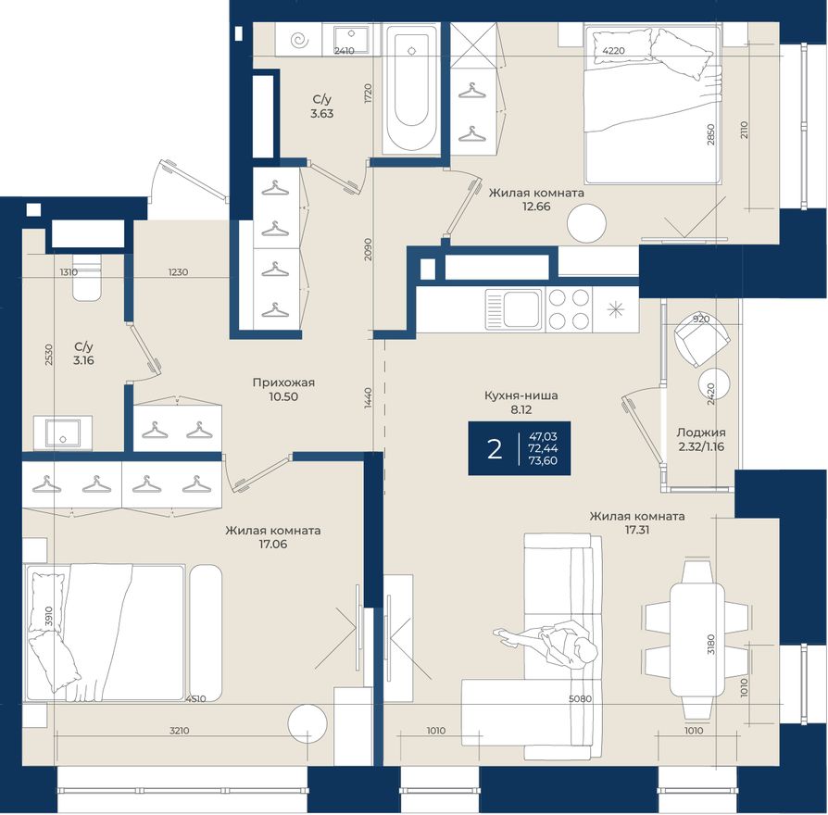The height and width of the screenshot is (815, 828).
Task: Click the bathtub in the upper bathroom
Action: pyautogui.click(x=411, y=89)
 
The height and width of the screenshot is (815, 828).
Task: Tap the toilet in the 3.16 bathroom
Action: pyautogui.click(x=87, y=278)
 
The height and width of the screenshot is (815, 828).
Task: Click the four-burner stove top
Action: pyautogui.click(x=569, y=309)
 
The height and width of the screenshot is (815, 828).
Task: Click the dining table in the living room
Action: pyautogui.click(x=696, y=639)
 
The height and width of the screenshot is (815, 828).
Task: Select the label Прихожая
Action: pyautogui.click(x=283, y=382)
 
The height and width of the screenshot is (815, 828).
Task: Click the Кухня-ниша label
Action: pyautogui.click(x=521, y=395)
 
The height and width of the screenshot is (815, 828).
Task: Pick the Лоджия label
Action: pyautogui.click(x=701, y=433)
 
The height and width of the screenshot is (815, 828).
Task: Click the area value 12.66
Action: pyautogui.click(x=536, y=207)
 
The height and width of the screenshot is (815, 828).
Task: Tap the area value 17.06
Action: pyautogui.click(x=272, y=544)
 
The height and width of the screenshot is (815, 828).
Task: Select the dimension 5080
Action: pyautogui.click(x=580, y=699)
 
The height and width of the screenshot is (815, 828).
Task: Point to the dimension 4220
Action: pyautogui.click(x=614, y=51)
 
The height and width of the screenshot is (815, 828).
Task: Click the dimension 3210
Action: pyautogui.click(x=179, y=731)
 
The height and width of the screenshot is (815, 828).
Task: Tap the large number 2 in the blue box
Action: pyautogui.click(x=495, y=449)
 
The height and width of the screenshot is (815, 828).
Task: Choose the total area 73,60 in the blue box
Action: pyautogui.click(x=543, y=460)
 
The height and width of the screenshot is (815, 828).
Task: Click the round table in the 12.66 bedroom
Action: pyautogui.click(x=586, y=223)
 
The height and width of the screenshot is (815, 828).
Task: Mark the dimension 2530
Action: pyautogui.click(x=48, y=355)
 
